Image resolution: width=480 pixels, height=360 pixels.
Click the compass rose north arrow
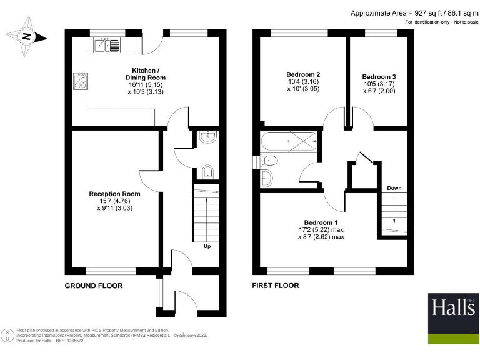click(26, 36)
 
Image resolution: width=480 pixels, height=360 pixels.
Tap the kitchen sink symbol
click(108, 45)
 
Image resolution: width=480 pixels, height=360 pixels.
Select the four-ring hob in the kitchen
click(81, 81)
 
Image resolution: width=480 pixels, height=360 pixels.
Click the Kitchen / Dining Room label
click(149, 73)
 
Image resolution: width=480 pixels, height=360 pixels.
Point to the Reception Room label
click(114, 194)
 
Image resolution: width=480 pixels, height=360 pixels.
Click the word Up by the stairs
click(206, 246)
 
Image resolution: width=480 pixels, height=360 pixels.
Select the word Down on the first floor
click(394, 188)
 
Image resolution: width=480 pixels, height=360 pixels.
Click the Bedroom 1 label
click(321, 222)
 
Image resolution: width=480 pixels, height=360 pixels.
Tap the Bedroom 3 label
click(379, 76)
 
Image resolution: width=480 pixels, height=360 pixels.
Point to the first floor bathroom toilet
click(269, 161)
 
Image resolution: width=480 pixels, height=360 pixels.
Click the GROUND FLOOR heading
click(94, 286)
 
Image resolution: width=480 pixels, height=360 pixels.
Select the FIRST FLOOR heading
click(276, 286)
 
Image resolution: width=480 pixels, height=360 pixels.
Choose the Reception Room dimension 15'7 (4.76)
click(114, 201)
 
